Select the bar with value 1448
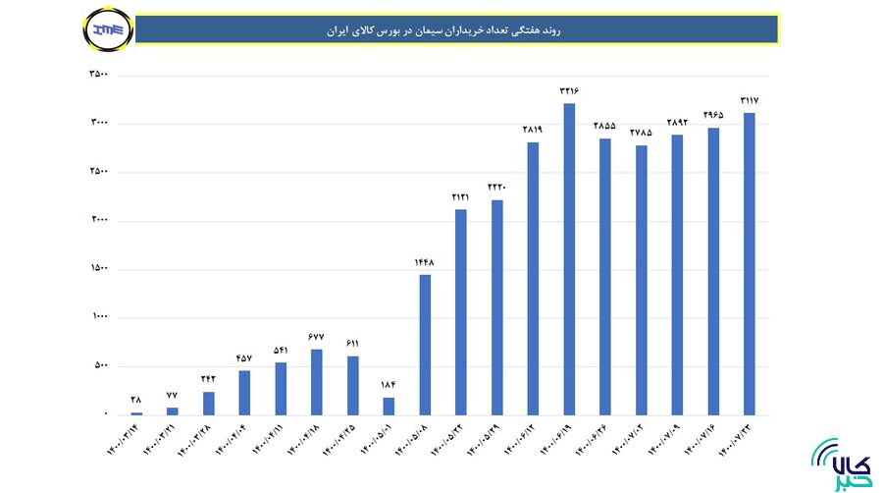point(425,345)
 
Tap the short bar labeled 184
point(389,406)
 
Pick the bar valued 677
point(316,382)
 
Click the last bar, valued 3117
point(750,264)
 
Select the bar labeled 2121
point(461,312)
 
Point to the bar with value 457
point(244,393)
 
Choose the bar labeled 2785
point(642,280)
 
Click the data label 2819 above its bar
point(533,130)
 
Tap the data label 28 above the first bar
point(135,400)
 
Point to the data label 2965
point(713,115)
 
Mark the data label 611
point(352,343)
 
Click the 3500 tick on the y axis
point(98,76)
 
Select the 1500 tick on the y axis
point(98,269)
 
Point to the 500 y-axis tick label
point(100,366)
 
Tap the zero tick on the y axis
point(105,414)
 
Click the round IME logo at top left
point(103,29)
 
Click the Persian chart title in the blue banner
point(457,30)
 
